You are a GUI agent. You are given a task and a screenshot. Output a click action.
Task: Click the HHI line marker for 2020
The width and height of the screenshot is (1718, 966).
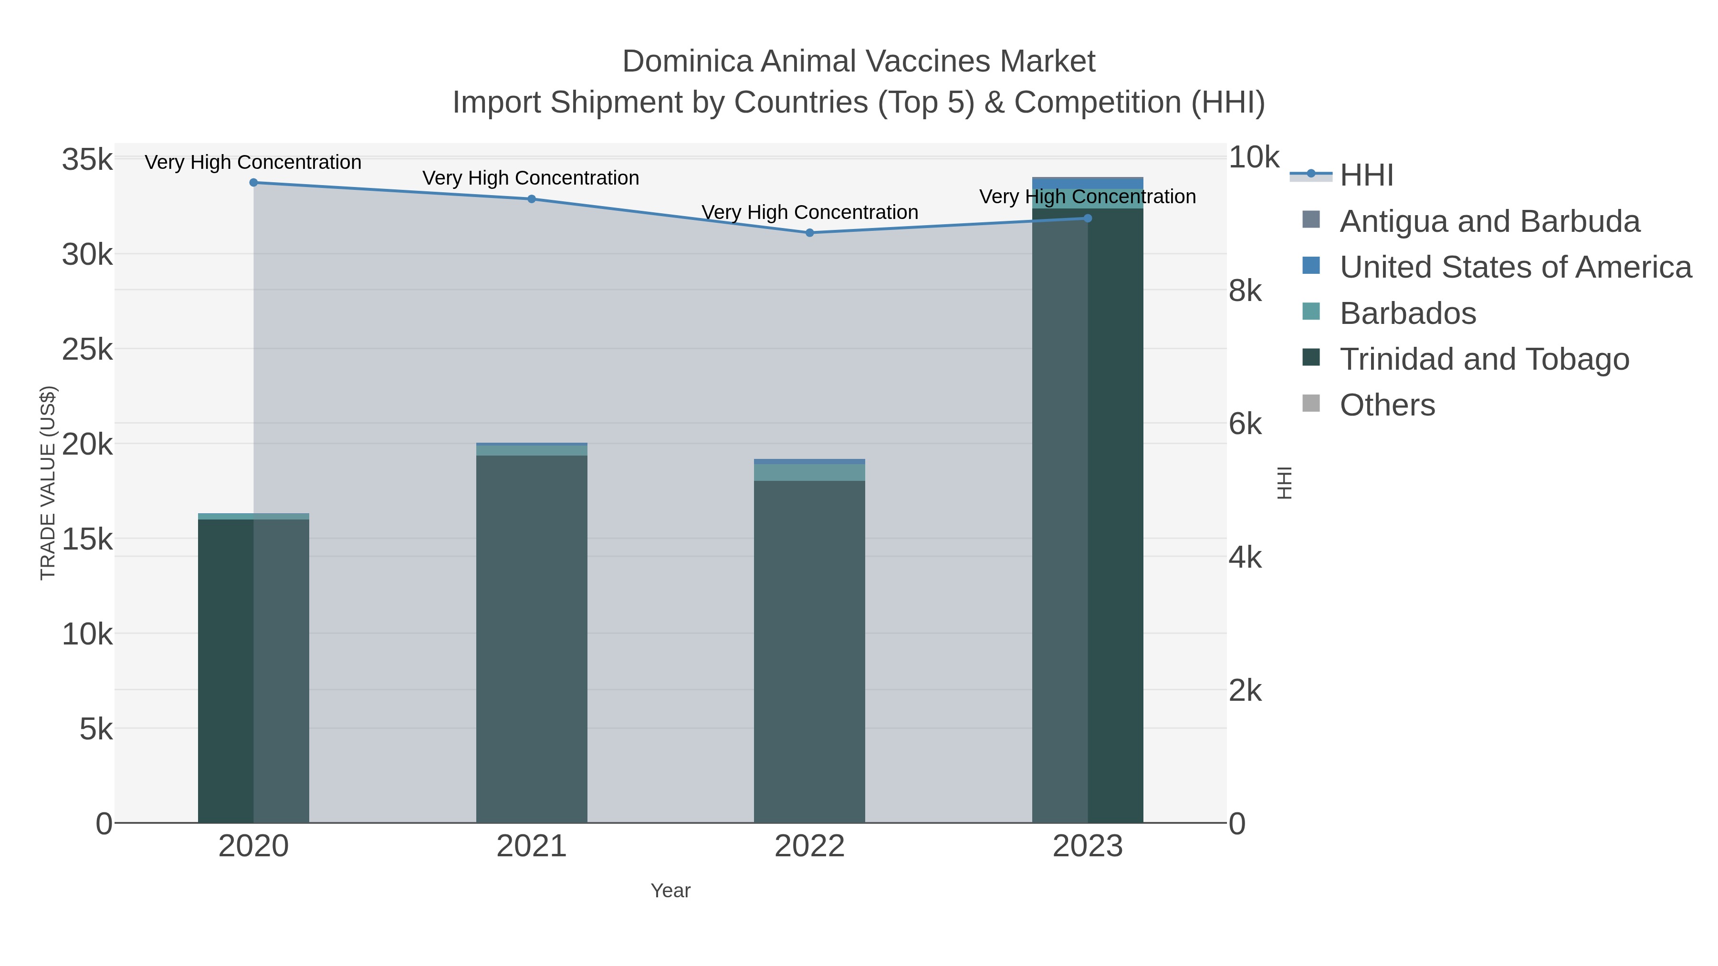pyautogui.click(x=253, y=183)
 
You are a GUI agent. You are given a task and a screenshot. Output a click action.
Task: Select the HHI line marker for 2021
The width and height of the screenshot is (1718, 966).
pyautogui.click(x=532, y=198)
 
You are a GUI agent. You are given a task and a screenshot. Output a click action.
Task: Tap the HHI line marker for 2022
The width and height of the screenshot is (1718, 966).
pyautogui.click(x=810, y=233)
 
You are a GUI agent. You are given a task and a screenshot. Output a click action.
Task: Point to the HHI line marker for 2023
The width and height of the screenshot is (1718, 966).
pyautogui.click(x=1088, y=218)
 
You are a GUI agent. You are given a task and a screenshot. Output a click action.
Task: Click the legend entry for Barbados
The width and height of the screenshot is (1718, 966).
pyautogui.click(x=1407, y=313)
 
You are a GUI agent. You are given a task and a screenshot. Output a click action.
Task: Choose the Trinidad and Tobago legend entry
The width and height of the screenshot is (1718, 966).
pyautogui.click(x=1484, y=359)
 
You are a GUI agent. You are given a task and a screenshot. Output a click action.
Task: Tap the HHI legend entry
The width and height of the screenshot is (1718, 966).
pyautogui.click(x=1366, y=176)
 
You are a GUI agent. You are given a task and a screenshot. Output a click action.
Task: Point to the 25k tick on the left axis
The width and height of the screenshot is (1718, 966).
pyautogui.click(x=87, y=349)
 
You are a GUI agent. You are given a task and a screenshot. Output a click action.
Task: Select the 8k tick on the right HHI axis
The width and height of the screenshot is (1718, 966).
pyautogui.click(x=1245, y=291)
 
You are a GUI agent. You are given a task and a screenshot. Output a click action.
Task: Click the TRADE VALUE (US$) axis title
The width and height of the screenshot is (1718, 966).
pyautogui.click(x=48, y=483)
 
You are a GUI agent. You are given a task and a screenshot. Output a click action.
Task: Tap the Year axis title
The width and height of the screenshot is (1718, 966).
pyautogui.click(x=670, y=891)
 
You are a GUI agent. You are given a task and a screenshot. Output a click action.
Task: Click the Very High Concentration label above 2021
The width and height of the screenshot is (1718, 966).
pyautogui.click(x=531, y=178)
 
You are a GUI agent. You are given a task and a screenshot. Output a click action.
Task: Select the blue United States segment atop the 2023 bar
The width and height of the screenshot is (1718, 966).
pyautogui.click(x=1088, y=183)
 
